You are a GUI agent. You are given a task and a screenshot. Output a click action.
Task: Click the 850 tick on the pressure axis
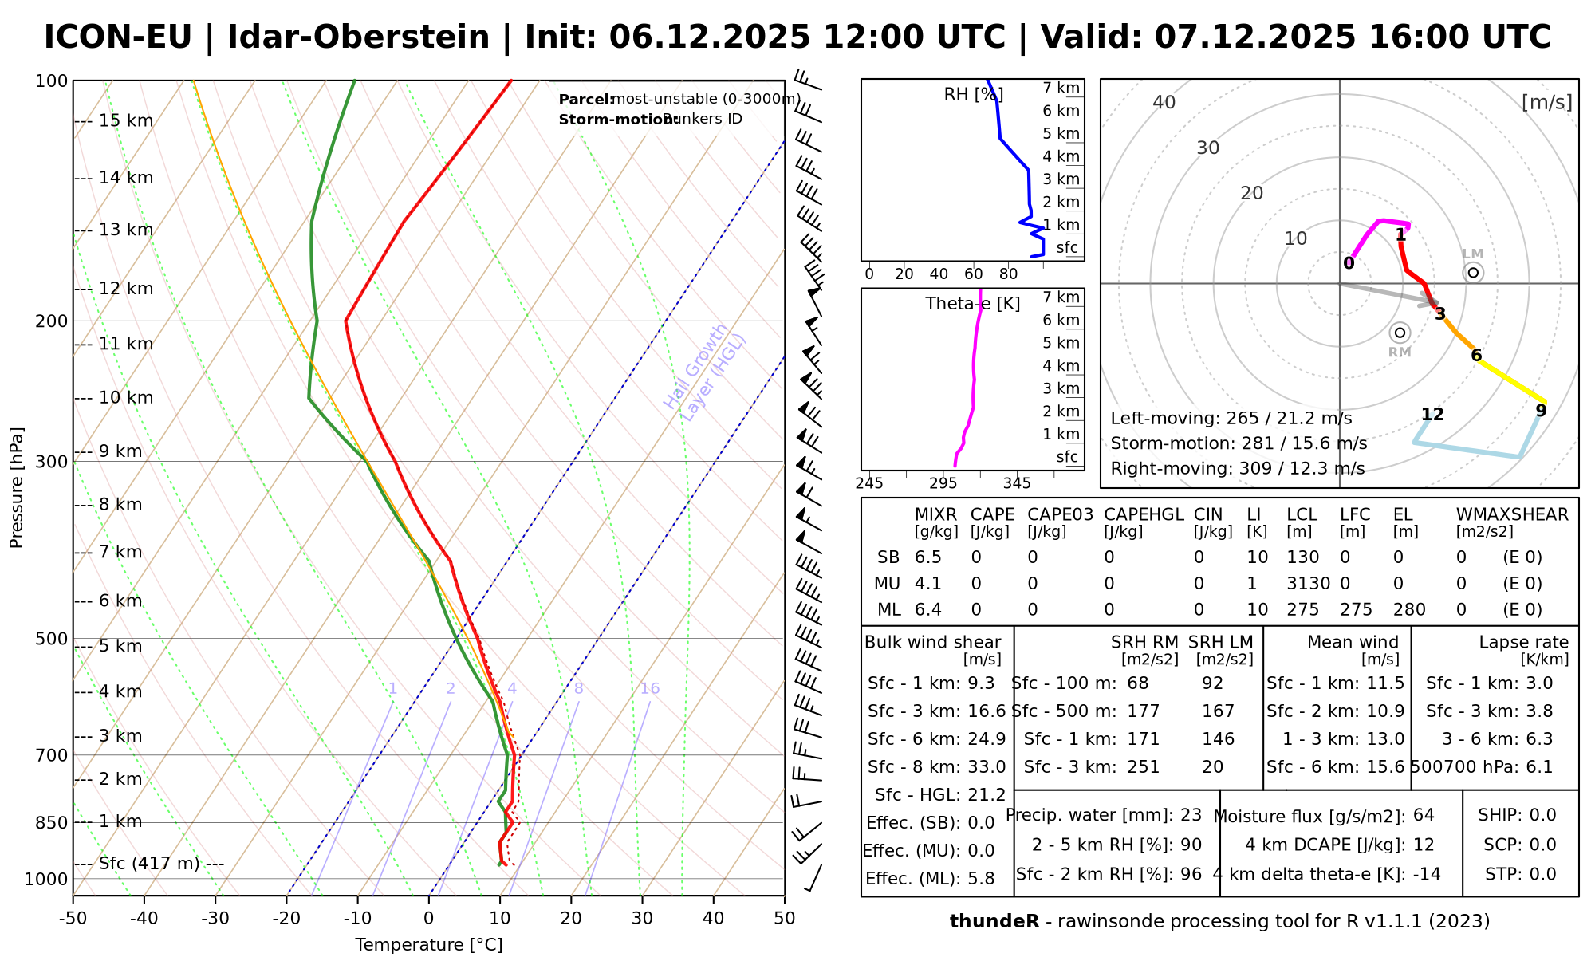[53, 822]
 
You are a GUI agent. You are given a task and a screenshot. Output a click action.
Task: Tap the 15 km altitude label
[126, 121]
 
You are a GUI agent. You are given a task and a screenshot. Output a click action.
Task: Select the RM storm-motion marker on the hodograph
[1400, 333]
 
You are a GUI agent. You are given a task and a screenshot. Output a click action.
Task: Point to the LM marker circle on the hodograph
[1473, 273]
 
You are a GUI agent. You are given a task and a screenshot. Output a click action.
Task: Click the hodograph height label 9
[1541, 411]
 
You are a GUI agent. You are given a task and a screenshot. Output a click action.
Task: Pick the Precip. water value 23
[1191, 815]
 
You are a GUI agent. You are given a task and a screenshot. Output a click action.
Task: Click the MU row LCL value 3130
[1309, 584]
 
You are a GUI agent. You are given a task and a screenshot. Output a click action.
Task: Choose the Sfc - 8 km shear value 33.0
[987, 767]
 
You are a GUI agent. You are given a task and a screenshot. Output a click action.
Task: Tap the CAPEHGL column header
[1144, 514]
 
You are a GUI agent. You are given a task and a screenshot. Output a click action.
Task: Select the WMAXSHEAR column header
[1512, 514]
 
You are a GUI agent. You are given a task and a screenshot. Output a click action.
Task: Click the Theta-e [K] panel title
[973, 304]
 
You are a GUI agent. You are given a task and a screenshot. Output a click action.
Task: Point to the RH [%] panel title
[973, 95]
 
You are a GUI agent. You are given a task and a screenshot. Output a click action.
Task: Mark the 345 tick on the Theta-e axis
[1017, 483]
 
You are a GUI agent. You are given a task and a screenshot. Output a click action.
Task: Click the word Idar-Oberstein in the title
[358, 37]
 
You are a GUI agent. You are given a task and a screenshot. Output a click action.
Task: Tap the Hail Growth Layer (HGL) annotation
[705, 372]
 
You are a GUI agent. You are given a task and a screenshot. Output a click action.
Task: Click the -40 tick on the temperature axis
[144, 919]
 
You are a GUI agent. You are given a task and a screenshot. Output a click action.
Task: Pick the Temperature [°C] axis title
[429, 945]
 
